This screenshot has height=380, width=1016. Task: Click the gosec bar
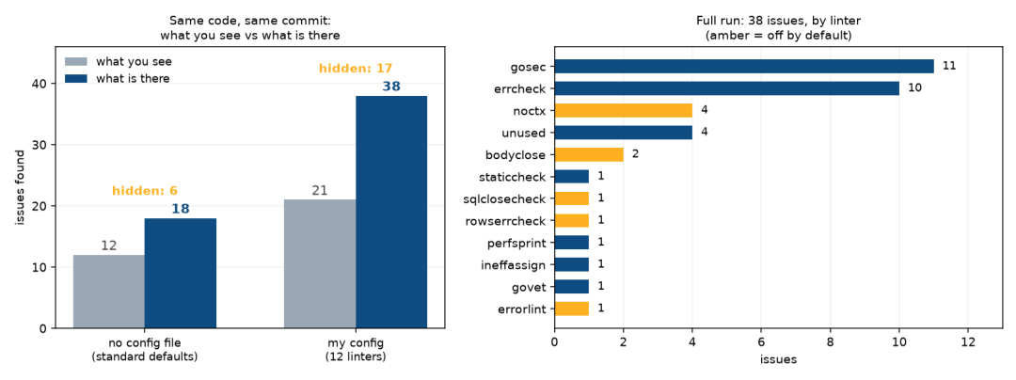(x=744, y=66)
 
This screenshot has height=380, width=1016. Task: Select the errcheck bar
(x=727, y=88)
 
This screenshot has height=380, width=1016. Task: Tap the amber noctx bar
(x=624, y=110)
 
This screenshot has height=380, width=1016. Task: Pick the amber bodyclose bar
(x=589, y=154)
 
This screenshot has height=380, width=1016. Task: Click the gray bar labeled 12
(x=109, y=292)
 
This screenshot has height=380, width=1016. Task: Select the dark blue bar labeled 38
(x=391, y=212)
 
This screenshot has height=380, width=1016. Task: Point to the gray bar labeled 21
(x=320, y=263)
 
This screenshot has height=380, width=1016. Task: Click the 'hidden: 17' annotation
(x=356, y=68)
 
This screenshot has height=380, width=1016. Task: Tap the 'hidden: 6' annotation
(x=145, y=190)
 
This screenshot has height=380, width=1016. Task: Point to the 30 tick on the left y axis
(x=40, y=144)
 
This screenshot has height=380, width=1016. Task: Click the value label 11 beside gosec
(x=949, y=66)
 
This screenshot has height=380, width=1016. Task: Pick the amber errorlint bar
(x=572, y=309)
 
